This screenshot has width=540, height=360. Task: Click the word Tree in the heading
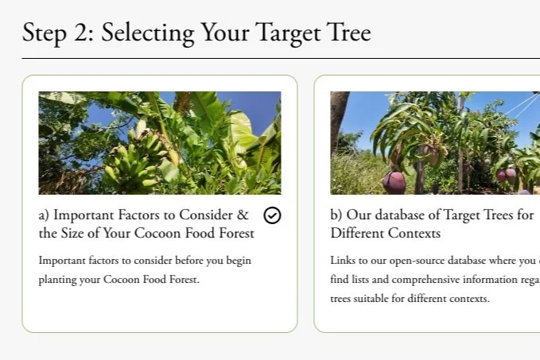click(x=348, y=33)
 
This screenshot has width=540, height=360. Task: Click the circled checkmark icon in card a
click(x=272, y=215)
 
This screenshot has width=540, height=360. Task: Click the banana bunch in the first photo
click(x=131, y=163)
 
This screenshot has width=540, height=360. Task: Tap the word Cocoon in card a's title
click(x=168, y=234)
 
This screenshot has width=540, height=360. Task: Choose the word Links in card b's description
click(x=344, y=261)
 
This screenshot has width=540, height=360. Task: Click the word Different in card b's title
click(x=357, y=234)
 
